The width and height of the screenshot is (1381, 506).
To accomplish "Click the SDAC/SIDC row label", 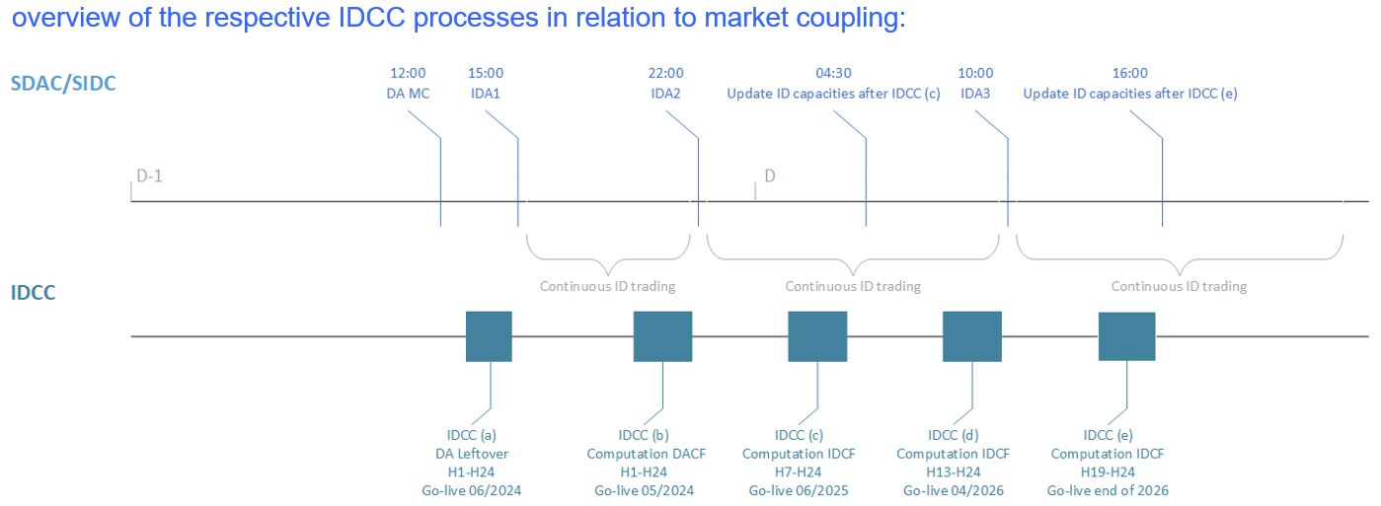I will [63, 83].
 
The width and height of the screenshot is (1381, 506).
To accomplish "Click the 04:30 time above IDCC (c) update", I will [833, 73].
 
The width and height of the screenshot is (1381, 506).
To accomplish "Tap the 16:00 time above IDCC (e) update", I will [1129, 73].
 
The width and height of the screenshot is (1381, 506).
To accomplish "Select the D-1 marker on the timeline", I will [148, 176].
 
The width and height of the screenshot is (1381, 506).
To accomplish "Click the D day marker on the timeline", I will [770, 176].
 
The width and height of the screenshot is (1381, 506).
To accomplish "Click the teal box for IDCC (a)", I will [489, 336].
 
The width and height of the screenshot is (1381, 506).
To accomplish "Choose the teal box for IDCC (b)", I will [662, 336].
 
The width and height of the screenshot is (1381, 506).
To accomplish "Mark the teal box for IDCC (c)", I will [817, 336].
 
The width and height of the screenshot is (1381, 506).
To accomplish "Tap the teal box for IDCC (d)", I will [972, 336].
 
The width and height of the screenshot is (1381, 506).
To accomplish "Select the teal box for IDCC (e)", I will [1127, 336].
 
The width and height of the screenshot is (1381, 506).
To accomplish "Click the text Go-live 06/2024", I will [472, 490].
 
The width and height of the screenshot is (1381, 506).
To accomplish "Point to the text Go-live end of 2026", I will [1108, 490].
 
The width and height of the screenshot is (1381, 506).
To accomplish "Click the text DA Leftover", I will [472, 454].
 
